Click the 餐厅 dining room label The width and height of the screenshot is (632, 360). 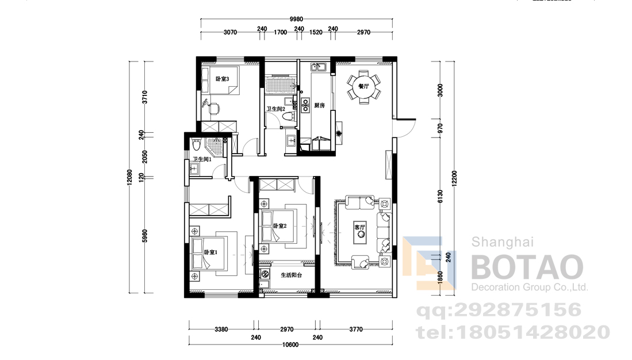pos(363,86)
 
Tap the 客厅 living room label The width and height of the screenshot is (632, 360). pos(359,227)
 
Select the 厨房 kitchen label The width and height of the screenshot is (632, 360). pos(319,106)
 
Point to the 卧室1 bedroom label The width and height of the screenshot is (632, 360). pos(210,252)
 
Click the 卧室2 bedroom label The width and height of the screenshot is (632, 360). pos(279,226)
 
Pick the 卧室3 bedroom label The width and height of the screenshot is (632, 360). pos(222,79)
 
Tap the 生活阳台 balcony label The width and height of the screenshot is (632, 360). pos(292,275)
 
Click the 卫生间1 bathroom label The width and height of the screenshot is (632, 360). pos(202,160)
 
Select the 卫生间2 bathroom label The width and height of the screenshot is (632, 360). pos(275,109)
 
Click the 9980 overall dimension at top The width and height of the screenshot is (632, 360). pos(296,19)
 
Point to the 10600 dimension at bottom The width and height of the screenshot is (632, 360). pos(290,344)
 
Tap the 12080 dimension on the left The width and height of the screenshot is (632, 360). pos(129,177)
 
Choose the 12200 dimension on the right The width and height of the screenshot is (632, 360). pos(455,179)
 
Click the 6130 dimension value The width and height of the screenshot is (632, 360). pos(440,196)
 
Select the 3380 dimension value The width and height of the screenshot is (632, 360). pos(221,330)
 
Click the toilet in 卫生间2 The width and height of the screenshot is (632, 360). pos(288,117)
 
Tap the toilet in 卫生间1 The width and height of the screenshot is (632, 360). pos(196,144)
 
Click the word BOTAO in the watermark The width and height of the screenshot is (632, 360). pos(527,267)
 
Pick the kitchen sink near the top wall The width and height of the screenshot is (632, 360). pos(319,67)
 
